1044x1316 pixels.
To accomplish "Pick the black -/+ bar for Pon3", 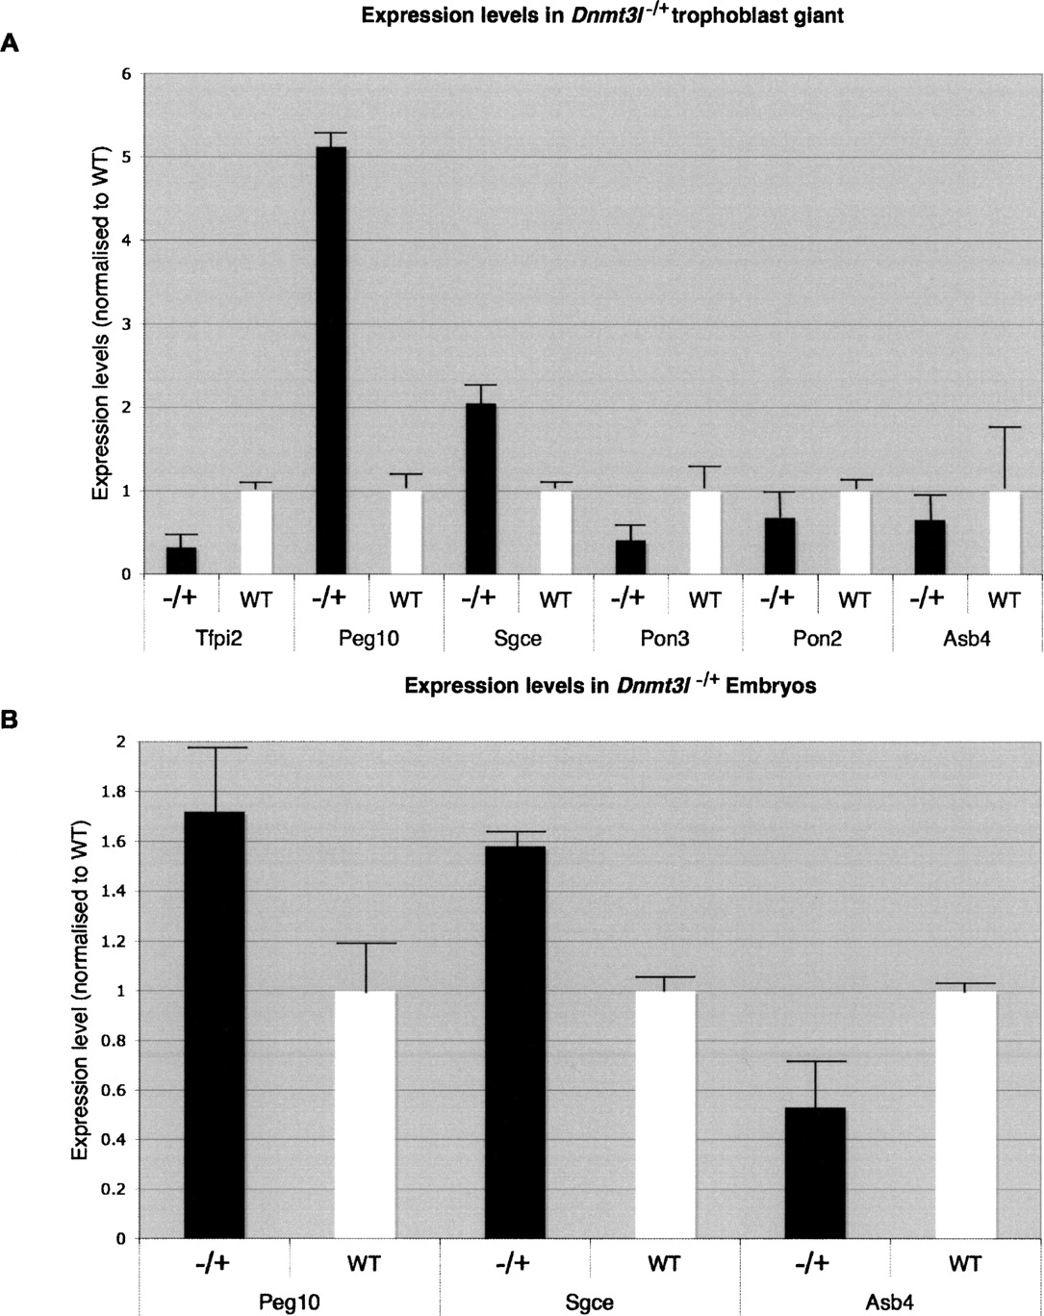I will point(630,557).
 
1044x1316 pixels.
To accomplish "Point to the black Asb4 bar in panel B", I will point(815,1173).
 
